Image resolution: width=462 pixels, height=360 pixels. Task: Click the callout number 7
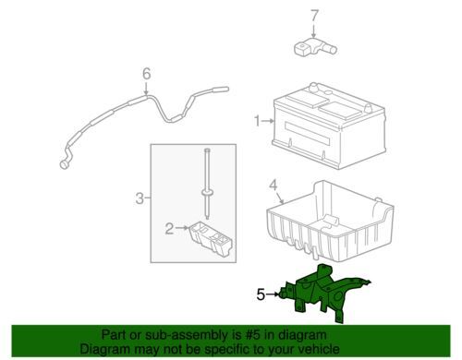[x=314, y=16]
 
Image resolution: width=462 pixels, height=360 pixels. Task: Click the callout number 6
[x=147, y=74]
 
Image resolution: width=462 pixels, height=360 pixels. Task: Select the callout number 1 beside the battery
[x=257, y=121]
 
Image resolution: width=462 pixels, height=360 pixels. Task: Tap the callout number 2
[x=169, y=229]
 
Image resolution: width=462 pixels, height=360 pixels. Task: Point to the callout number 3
[x=140, y=198]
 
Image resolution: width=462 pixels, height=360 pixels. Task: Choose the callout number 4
[x=274, y=186]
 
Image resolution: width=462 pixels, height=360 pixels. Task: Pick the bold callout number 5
[x=261, y=295]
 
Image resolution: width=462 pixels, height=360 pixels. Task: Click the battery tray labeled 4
[x=330, y=222]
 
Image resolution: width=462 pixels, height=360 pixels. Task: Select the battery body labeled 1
[x=329, y=126]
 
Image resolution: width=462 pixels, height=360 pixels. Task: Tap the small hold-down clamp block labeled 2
[x=212, y=239]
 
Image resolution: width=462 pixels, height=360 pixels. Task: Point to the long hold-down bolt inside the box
[x=207, y=184]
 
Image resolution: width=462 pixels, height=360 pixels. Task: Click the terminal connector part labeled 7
[x=315, y=48]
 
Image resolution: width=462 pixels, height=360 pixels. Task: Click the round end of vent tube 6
[x=65, y=164]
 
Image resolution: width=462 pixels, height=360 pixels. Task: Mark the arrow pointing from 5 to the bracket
[x=273, y=294]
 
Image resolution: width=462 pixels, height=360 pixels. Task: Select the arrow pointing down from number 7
[x=313, y=31]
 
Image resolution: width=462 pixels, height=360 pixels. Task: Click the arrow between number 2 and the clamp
[x=182, y=228]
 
